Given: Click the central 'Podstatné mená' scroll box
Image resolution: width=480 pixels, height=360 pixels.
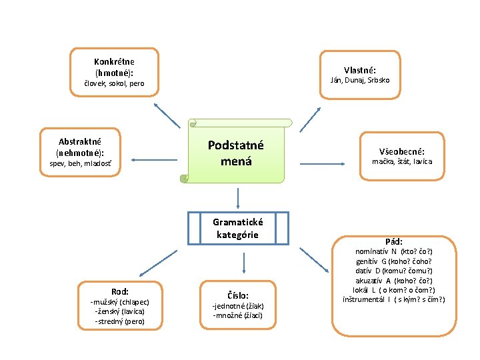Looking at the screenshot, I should pyautogui.click(x=236, y=153).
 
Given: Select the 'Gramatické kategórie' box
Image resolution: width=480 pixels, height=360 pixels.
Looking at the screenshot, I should pyautogui.click(x=238, y=228).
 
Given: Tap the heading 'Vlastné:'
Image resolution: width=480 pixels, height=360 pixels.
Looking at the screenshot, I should pyautogui.click(x=360, y=70).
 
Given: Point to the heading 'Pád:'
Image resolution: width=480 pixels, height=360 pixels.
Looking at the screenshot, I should pyautogui.click(x=393, y=241).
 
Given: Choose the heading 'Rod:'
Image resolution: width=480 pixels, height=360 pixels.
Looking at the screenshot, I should pyautogui.click(x=120, y=291).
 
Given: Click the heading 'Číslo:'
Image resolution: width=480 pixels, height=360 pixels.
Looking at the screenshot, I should pyautogui.click(x=238, y=295).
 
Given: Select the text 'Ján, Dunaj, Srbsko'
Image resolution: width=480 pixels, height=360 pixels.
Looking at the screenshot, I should pyautogui.click(x=360, y=80).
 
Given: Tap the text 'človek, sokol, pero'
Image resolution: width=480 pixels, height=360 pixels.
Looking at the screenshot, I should pyautogui.click(x=113, y=83).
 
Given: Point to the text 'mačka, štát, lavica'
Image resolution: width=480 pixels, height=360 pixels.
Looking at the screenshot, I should pyautogui.click(x=402, y=161).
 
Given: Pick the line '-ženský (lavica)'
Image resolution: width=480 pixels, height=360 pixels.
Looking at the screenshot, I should pyautogui.click(x=120, y=311).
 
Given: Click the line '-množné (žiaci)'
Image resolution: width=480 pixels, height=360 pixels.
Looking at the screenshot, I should pyautogui.click(x=238, y=315).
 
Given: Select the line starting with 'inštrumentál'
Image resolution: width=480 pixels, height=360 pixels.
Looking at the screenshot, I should pyautogui.click(x=393, y=299).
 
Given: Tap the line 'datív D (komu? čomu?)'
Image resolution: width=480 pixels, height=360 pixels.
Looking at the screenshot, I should pyautogui.click(x=393, y=271).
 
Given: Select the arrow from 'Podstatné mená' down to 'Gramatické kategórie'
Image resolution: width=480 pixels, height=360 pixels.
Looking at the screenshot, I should pyautogui.click(x=238, y=197).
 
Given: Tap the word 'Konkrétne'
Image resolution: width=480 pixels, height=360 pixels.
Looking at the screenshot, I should pyautogui.click(x=114, y=62).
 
